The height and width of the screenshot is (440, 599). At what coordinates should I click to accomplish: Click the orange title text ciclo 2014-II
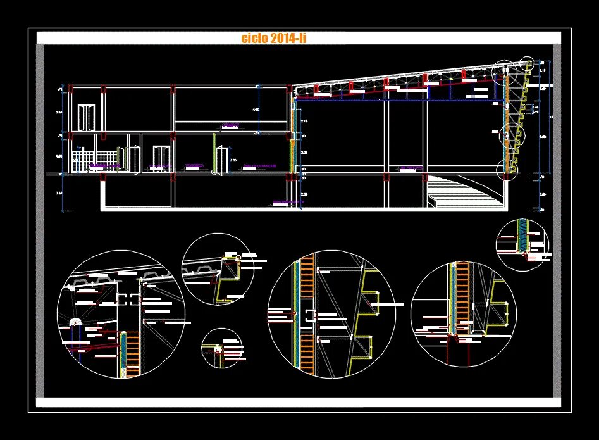pyautogui.click(x=274, y=38)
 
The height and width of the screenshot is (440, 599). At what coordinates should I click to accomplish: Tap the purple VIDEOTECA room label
pyautogui.click(x=194, y=166)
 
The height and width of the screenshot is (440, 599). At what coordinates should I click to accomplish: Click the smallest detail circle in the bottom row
pyautogui.click(x=222, y=348)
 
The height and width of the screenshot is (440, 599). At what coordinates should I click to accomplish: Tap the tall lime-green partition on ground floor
pyautogui.click(x=215, y=153)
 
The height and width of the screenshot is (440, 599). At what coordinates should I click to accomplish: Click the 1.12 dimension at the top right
pyautogui.click(x=543, y=71)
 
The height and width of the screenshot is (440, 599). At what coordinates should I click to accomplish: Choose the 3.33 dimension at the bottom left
pyautogui.click(x=59, y=193)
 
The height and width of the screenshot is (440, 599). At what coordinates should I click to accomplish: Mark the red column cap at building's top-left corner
pyautogui.click(x=69, y=87)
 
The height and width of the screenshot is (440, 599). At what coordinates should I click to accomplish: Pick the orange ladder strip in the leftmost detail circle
pyautogui.click(x=132, y=355)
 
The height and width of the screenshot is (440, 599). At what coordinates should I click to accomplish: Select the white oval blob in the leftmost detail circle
pyautogui.click(x=76, y=322)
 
